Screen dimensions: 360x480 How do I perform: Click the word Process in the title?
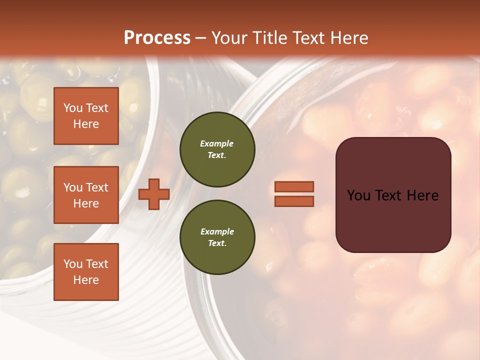tap(157, 38)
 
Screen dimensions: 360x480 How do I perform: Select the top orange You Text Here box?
tap(86, 116)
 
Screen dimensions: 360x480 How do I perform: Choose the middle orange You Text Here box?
tap(86, 195)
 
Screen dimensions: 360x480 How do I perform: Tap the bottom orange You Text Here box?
tap(86, 271)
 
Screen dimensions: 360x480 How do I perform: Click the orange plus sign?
tap(154, 194)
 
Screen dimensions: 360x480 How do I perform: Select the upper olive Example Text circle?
tap(217, 149)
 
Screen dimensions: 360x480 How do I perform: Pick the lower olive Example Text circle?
tap(217, 237)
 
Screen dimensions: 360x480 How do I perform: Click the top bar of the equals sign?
tap(294, 186)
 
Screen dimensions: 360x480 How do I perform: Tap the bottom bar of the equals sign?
tap(294, 201)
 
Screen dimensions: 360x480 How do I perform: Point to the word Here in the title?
tap(349, 38)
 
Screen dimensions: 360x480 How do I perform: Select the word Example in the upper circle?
tap(217, 143)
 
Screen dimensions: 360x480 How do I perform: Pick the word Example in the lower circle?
tap(217, 231)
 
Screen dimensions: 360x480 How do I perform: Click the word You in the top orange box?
tap(72, 108)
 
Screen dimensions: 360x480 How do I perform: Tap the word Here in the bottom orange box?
tap(86, 280)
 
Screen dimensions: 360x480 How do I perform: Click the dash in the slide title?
tap(201, 38)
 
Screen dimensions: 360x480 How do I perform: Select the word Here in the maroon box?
tap(424, 195)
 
